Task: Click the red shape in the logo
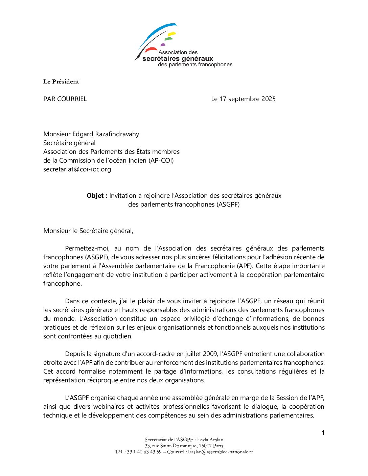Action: [x=151, y=50]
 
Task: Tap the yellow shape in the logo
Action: [x=172, y=34]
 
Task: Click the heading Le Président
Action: [x=61, y=81]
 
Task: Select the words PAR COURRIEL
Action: [x=65, y=99]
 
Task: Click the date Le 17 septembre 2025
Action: [x=243, y=99]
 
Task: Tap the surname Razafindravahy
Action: [x=115, y=134]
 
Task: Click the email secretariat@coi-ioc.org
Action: [x=77, y=169]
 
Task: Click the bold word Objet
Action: [x=96, y=196]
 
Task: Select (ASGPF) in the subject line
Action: [x=228, y=205]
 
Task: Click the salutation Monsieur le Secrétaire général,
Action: [x=88, y=231]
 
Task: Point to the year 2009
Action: [x=210, y=354]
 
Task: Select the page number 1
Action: [x=323, y=433]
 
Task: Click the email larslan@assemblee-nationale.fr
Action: [x=221, y=452]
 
